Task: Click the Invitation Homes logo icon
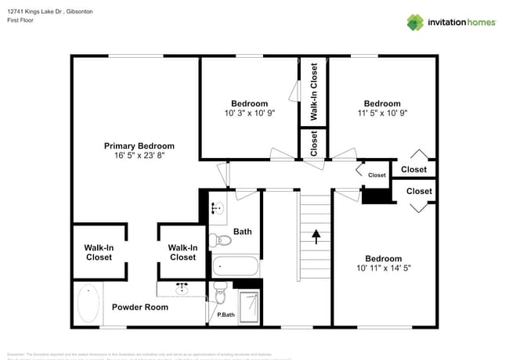415,22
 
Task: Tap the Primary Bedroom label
139,146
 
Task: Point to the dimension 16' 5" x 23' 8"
139,156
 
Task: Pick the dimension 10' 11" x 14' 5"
383,268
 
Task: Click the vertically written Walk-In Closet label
314,92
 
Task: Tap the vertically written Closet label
314,143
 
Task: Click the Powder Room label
140,307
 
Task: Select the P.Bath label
226,315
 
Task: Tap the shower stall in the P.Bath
249,306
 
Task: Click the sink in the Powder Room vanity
182,289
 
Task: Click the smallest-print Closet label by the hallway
377,175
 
